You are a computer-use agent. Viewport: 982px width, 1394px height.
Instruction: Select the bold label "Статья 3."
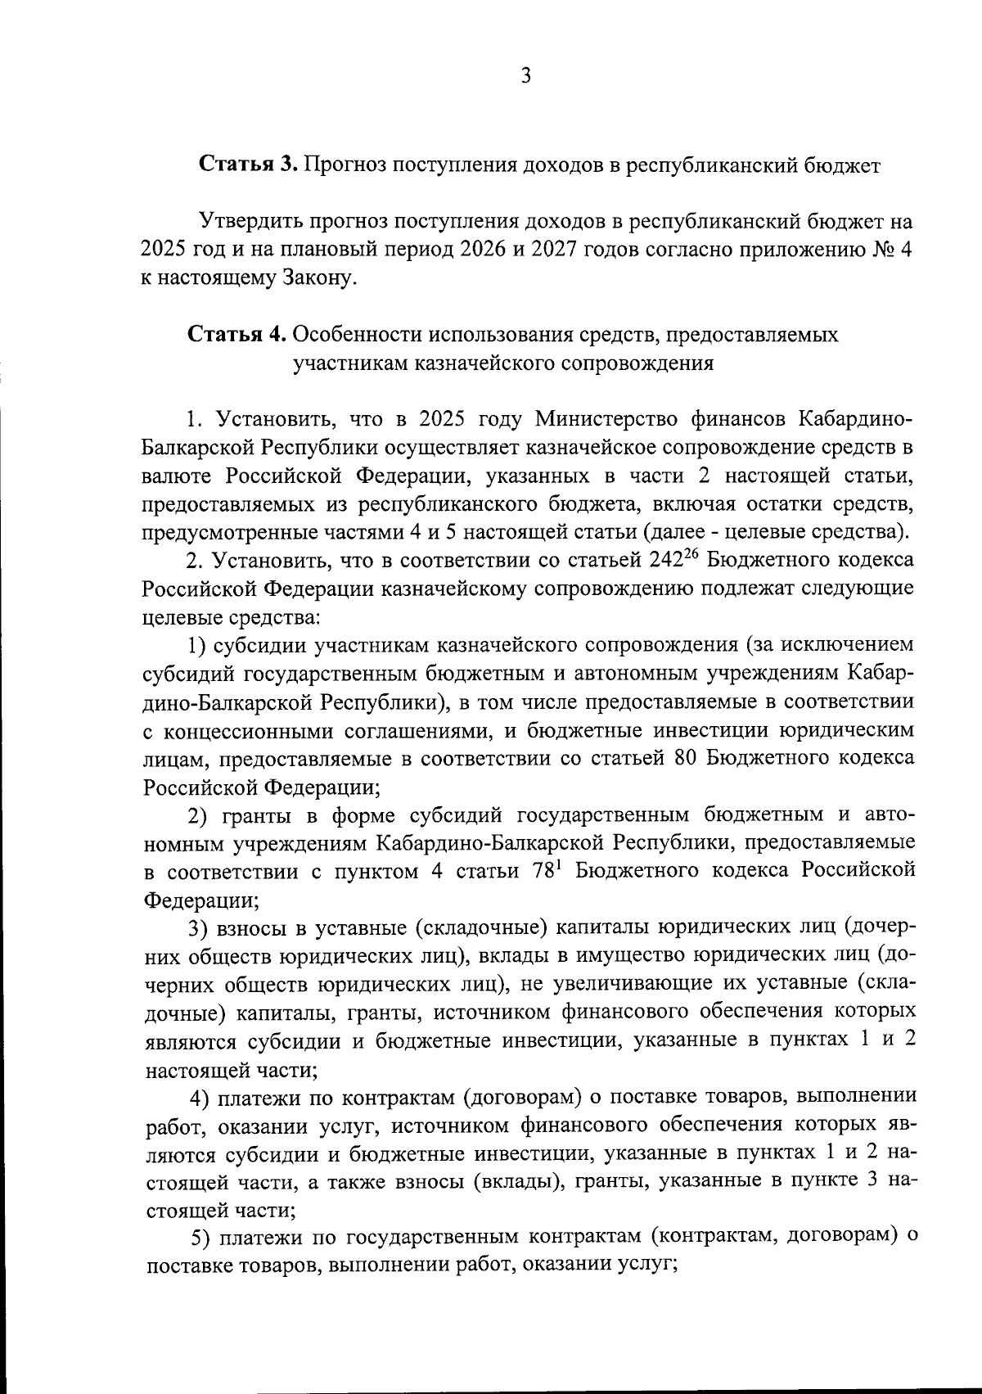248,165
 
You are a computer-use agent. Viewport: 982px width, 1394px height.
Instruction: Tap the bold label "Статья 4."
236,335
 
